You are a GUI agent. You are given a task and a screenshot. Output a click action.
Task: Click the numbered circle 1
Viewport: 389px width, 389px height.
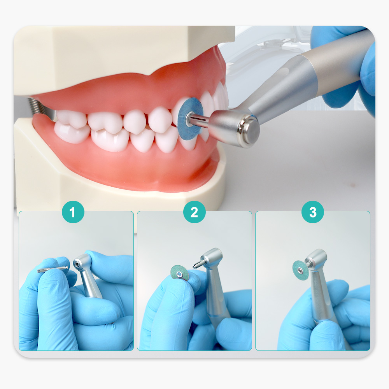pyautogui.click(x=73, y=212)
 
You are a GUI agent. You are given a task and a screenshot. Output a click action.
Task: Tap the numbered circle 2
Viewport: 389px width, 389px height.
pyautogui.click(x=194, y=212)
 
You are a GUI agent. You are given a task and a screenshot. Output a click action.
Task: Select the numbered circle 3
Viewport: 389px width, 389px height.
pyautogui.click(x=313, y=212)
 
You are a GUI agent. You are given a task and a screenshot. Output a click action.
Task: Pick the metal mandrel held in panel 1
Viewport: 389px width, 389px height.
pyautogui.click(x=53, y=269)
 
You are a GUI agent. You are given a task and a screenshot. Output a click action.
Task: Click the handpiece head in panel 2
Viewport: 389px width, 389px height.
pyautogui.click(x=212, y=259)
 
